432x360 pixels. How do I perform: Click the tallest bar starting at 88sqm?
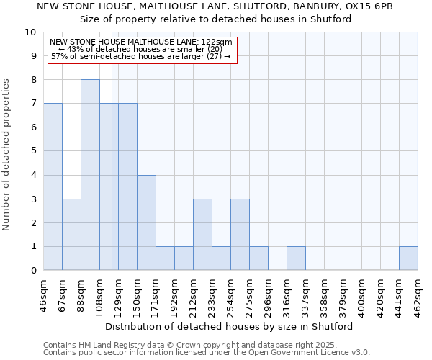(x=90, y=175)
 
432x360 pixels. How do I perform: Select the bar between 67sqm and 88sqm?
(x=71, y=235)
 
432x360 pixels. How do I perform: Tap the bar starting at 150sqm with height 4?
(x=146, y=222)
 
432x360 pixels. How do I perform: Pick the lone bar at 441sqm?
(x=408, y=258)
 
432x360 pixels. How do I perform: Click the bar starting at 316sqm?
(x=296, y=258)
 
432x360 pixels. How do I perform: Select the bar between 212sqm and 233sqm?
(x=202, y=235)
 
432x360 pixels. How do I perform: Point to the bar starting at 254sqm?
(x=240, y=235)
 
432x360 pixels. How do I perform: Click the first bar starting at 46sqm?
(x=53, y=187)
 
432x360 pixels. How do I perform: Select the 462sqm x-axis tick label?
(x=418, y=295)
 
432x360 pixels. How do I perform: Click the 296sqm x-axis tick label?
(x=268, y=295)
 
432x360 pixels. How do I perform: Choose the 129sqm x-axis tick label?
(x=118, y=295)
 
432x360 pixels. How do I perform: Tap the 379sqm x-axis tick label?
(x=343, y=295)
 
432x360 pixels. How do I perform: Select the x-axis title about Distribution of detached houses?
(x=230, y=326)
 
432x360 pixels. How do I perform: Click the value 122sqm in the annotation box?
(x=216, y=42)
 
